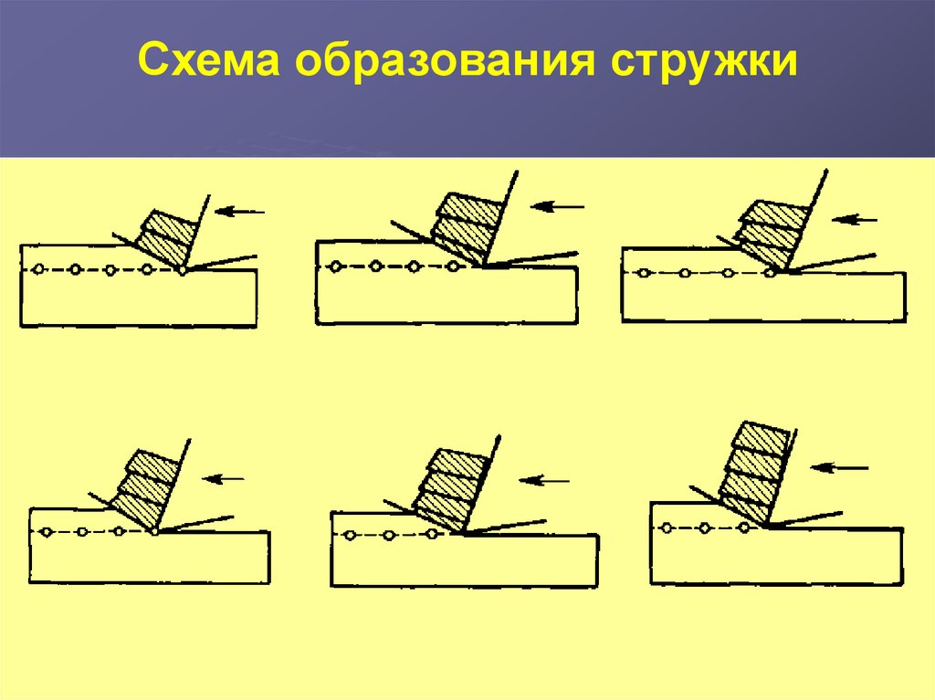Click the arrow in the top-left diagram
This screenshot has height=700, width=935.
(x=243, y=212)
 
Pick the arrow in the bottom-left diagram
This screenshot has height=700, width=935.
(x=225, y=477)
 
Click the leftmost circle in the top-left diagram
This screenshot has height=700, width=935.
(x=37, y=269)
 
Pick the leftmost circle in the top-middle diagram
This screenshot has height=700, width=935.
(x=336, y=266)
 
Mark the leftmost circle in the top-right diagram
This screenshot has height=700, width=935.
(x=645, y=273)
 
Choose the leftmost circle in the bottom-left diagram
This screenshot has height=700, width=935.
(x=46, y=531)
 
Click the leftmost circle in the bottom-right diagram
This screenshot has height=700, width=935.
(x=667, y=528)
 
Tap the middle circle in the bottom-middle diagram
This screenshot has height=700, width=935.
(x=389, y=536)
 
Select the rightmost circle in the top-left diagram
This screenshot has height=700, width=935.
(x=184, y=270)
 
